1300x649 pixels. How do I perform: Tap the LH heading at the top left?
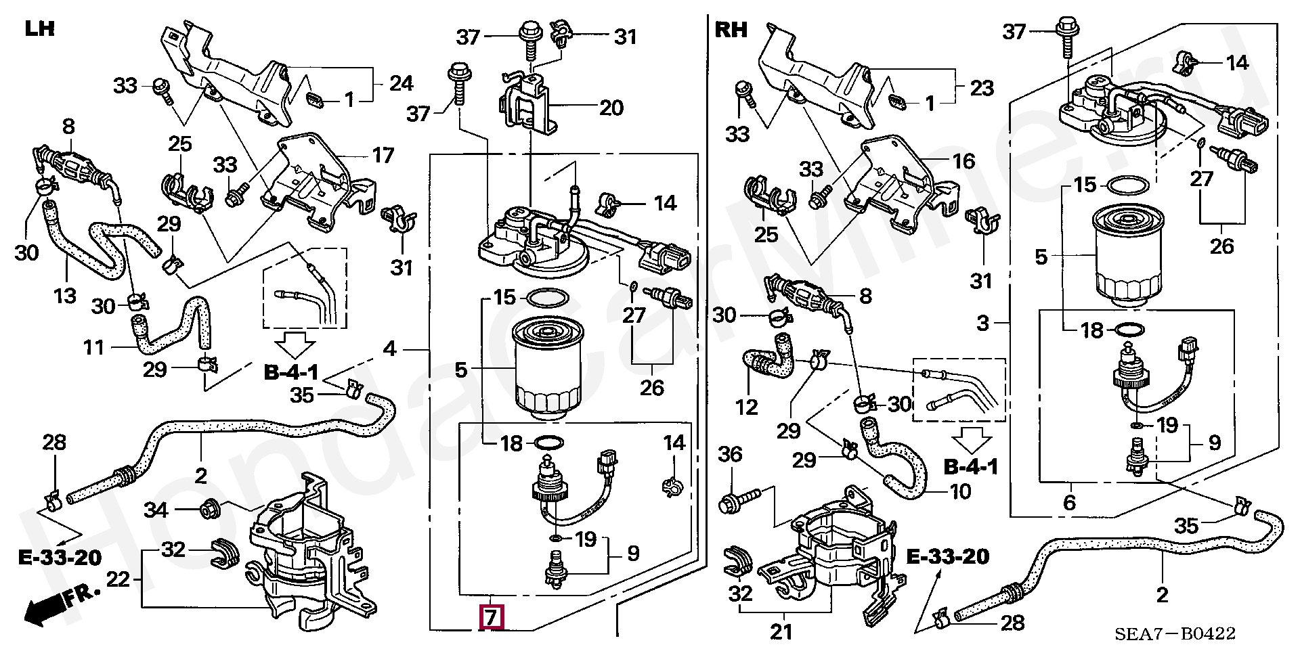coord(39,29)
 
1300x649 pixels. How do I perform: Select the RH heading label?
coord(731,29)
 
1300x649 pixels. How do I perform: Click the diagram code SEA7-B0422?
coord(1176,633)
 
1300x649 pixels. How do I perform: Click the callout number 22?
coord(118,579)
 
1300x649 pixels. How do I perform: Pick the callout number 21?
coord(782,633)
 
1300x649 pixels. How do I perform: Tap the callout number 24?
coord(402,83)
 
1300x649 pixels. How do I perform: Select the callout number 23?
coord(982,87)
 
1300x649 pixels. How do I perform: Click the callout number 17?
coord(383,155)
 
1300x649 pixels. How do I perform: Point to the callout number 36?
coord(730,454)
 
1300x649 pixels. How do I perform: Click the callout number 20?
coord(611,107)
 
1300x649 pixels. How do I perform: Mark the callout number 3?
coord(983,323)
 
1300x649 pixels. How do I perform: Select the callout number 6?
coord(1069,502)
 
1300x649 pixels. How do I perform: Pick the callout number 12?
coord(747,407)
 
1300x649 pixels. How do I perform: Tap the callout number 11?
coord(94,348)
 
